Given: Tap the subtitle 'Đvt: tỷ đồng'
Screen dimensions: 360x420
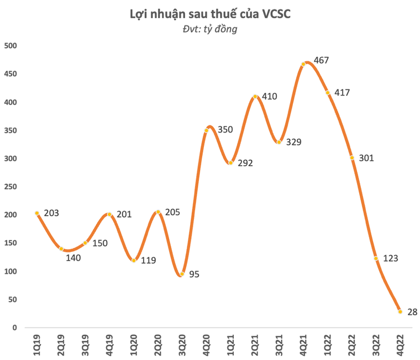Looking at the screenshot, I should point(210,29).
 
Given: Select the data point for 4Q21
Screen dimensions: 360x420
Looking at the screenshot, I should point(303,65).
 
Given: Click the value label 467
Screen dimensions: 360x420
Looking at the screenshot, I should point(321,60).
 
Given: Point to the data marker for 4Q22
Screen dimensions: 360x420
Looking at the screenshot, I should point(400,311).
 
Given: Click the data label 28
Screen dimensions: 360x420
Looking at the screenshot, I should point(412,313).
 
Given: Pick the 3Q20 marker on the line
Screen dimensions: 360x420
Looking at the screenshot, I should point(182,274).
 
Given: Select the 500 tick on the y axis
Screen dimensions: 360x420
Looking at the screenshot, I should point(11,46).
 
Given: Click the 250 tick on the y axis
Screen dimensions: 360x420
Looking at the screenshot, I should point(11,187).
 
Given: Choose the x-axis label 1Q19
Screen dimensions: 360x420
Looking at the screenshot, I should point(37,345).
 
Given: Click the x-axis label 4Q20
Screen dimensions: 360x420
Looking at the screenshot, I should point(207,345).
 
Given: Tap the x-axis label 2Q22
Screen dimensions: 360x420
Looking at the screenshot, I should point(352,345).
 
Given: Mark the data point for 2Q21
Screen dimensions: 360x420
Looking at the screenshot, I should point(255,97).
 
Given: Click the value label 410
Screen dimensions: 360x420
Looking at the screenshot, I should point(270,97).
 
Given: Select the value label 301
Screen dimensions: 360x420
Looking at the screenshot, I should point(366,158).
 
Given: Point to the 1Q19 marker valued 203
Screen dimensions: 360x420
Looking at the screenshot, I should point(37,213).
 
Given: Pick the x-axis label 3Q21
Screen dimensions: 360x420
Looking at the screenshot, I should point(279,345).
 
